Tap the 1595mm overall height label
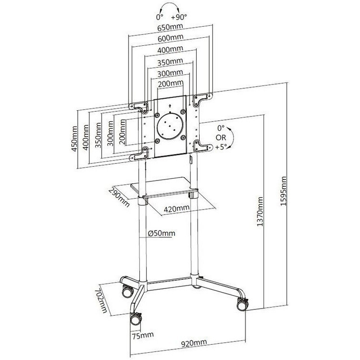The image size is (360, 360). pyautogui.click(x=284, y=191)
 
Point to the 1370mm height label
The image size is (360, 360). pyautogui.click(x=260, y=212)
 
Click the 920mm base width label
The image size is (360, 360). pyautogui.click(x=194, y=343)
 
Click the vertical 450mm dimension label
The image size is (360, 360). pyautogui.click(x=75, y=139)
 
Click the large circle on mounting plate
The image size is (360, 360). pyautogui.click(x=170, y=125)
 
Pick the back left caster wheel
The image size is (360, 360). pyautogui.click(x=127, y=289)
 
